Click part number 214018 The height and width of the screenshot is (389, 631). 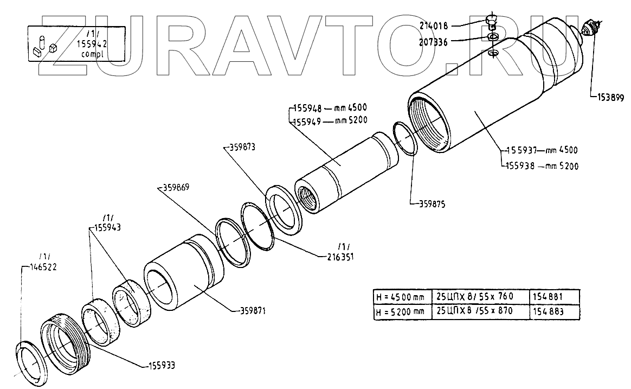433,25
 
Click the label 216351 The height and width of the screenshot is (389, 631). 339,257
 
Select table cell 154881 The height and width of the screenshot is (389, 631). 549,297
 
